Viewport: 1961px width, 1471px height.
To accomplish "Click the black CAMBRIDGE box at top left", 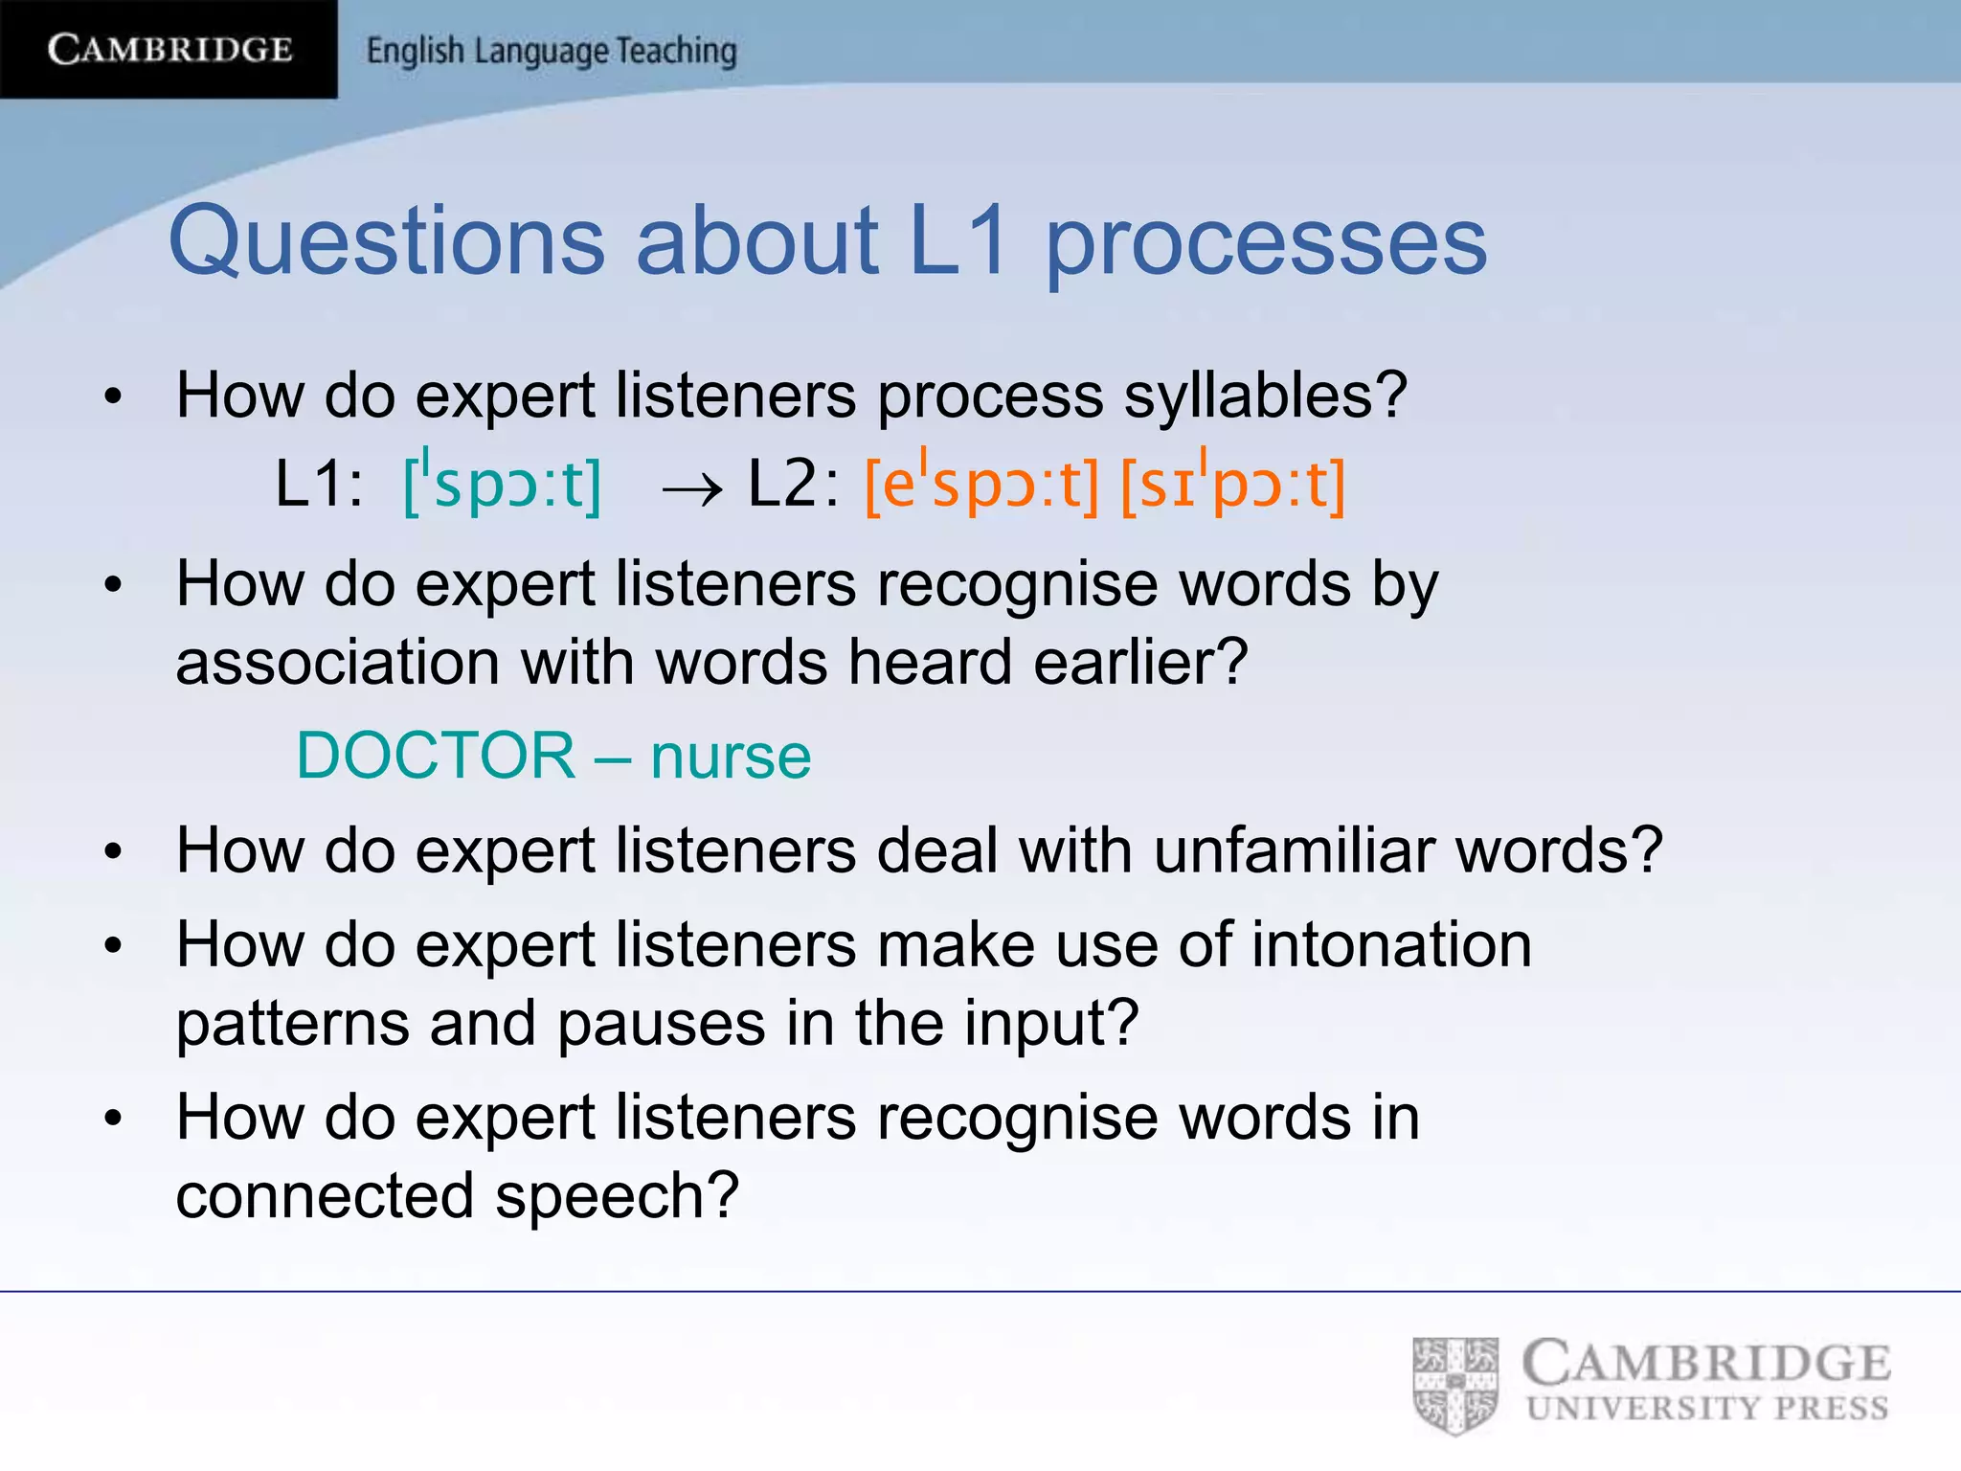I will [x=169, y=49].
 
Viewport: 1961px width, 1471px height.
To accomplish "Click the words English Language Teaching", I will [x=552, y=51].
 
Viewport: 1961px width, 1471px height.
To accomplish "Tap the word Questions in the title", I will [x=386, y=240].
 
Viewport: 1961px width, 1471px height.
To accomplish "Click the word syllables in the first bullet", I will [x=1254, y=396].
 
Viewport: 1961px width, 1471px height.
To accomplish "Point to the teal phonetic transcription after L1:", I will [x=503, y=484].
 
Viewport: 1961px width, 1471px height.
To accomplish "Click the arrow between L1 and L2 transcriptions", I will [x=691, y=489].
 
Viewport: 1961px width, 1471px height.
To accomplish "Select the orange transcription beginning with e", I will [x=981, y=484].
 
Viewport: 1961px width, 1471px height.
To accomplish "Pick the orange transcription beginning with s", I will [x=1233, y=484].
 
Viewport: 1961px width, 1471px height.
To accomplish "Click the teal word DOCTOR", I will [x=436, y=756].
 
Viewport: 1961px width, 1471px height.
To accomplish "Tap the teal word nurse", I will [x=731, y=758].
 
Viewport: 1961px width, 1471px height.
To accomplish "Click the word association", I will [x=337, y=663].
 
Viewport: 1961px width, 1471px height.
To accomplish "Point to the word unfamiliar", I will [x=1294, y=850].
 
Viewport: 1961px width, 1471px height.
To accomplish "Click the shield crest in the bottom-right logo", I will [x=1454, y=1386].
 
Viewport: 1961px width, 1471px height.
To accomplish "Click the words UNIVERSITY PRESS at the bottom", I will [x=1707, y=1409].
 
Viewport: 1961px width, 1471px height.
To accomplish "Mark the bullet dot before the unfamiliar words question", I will [x=114, y=851].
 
